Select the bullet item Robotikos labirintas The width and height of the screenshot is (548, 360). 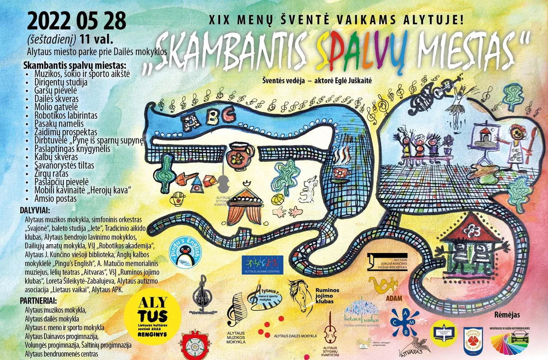pyautogui.click(x=66, y=116)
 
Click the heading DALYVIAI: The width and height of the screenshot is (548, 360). pyautogui.click(x=35, y=211)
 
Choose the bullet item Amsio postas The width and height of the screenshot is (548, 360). pyautogui.click(x=56, y=199)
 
